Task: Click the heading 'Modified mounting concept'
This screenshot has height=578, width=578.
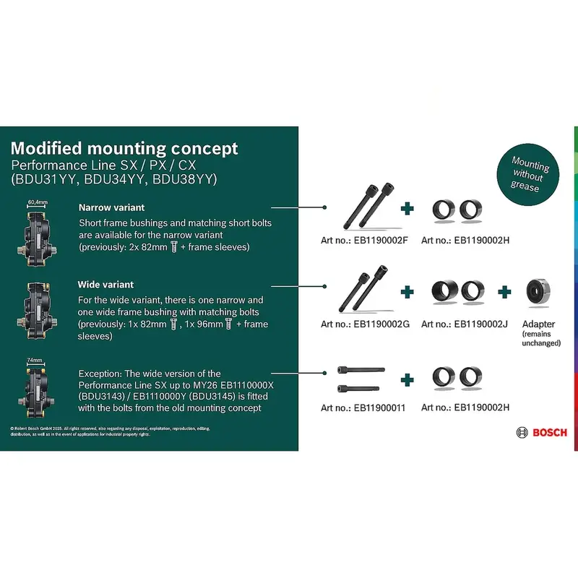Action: (124, 149)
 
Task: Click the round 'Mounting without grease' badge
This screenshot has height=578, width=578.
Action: (530, 172)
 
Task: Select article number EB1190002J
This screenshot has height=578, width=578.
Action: (465, 324)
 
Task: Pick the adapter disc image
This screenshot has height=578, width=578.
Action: (538, 291)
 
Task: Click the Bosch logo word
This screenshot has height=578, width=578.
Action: (550, 432)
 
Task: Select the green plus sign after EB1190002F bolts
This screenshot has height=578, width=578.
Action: (408, 208)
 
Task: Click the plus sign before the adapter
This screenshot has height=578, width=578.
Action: (504, 291)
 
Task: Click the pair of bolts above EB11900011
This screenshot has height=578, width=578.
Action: (361, 379)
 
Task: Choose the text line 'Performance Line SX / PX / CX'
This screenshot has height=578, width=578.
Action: (103, 165)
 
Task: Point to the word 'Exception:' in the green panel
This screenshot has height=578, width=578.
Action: (100, 373)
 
